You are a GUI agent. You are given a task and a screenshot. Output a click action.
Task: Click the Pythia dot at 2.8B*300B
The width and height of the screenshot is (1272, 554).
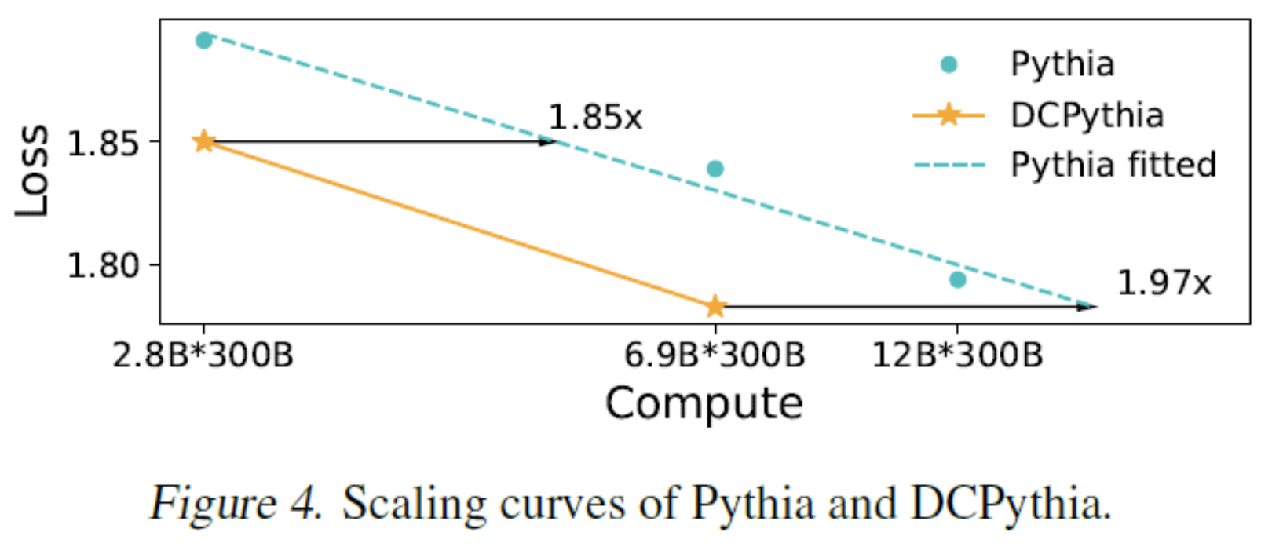pos(204,40)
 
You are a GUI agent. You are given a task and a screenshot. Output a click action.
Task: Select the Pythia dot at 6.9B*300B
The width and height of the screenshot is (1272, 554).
pos(715,169)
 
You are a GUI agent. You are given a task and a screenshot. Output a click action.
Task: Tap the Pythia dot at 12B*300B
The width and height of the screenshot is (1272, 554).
pos(957,279)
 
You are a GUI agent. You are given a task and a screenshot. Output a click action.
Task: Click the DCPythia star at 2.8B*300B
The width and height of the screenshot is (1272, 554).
pos(204,141)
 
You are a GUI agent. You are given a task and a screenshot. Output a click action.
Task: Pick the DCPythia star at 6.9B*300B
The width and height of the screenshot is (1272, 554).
pos(715,306)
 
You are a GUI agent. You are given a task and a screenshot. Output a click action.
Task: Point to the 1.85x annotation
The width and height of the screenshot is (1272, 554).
pos(594,118)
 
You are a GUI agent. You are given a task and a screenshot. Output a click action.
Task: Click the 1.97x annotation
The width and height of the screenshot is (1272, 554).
pos(1164,282)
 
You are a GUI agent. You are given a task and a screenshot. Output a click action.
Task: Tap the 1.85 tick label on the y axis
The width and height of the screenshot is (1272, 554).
pos(104,144)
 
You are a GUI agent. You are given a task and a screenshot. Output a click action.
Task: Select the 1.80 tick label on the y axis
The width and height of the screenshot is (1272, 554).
pos(104,266)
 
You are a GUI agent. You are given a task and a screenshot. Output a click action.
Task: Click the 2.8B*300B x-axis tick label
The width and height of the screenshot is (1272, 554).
pos(203,355)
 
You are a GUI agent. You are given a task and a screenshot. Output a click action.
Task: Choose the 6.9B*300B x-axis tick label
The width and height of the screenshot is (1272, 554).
pos(715,355)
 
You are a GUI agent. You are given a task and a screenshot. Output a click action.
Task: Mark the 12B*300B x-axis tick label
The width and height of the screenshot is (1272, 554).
pos(957,355)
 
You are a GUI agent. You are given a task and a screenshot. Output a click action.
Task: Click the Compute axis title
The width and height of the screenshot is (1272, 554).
pos(704,403)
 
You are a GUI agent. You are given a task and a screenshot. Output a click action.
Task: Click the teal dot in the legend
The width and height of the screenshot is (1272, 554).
pos(949,64)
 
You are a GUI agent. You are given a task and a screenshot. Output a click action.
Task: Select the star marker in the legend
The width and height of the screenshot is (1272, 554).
pos(949,115)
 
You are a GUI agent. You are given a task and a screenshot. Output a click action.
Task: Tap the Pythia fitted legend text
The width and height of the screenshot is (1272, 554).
pos(1113,166)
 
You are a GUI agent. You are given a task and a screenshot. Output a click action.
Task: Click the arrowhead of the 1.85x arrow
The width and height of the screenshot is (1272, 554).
pos(549,142)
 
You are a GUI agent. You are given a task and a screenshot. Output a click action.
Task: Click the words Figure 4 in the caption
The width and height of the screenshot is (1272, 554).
pos(236,503)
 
